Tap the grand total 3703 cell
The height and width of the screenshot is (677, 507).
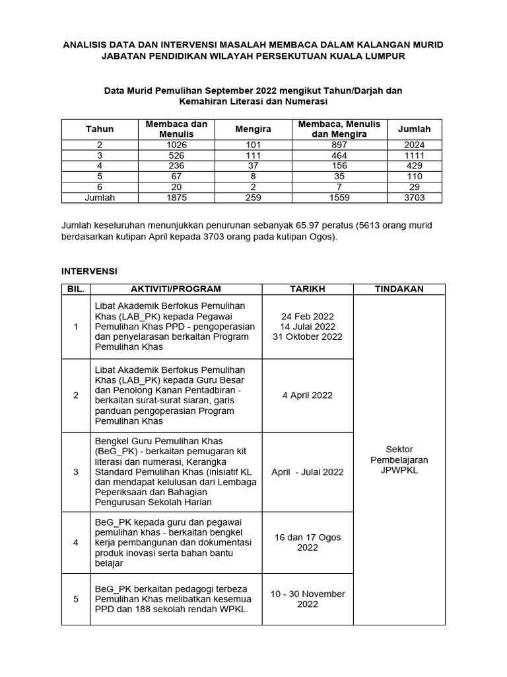click(x=415, y=198)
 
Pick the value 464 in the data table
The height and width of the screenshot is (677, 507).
click(x=340, y=155)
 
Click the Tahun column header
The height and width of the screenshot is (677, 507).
click(x=100, y=130)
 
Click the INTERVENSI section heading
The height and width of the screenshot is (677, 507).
click(x=90, y=271)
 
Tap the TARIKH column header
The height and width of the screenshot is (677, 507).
click(x=308, y=289)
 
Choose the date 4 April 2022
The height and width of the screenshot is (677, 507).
click(x=308, y=395)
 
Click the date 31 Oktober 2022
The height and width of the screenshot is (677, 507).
click(x=308, y=337)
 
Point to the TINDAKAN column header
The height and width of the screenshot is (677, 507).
click(x=399, y=289)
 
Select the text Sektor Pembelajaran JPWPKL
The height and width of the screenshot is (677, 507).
click(x=399, y=459)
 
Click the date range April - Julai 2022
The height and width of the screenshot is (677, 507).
click(x=308, y=472)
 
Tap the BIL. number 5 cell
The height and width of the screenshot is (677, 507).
click(x=76, y=599)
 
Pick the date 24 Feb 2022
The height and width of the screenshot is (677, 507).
click(x=308, y=315)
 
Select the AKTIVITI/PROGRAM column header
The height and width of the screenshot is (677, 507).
click(x=176, y=289)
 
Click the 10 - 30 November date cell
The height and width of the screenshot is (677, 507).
click(x=308, y=599)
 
